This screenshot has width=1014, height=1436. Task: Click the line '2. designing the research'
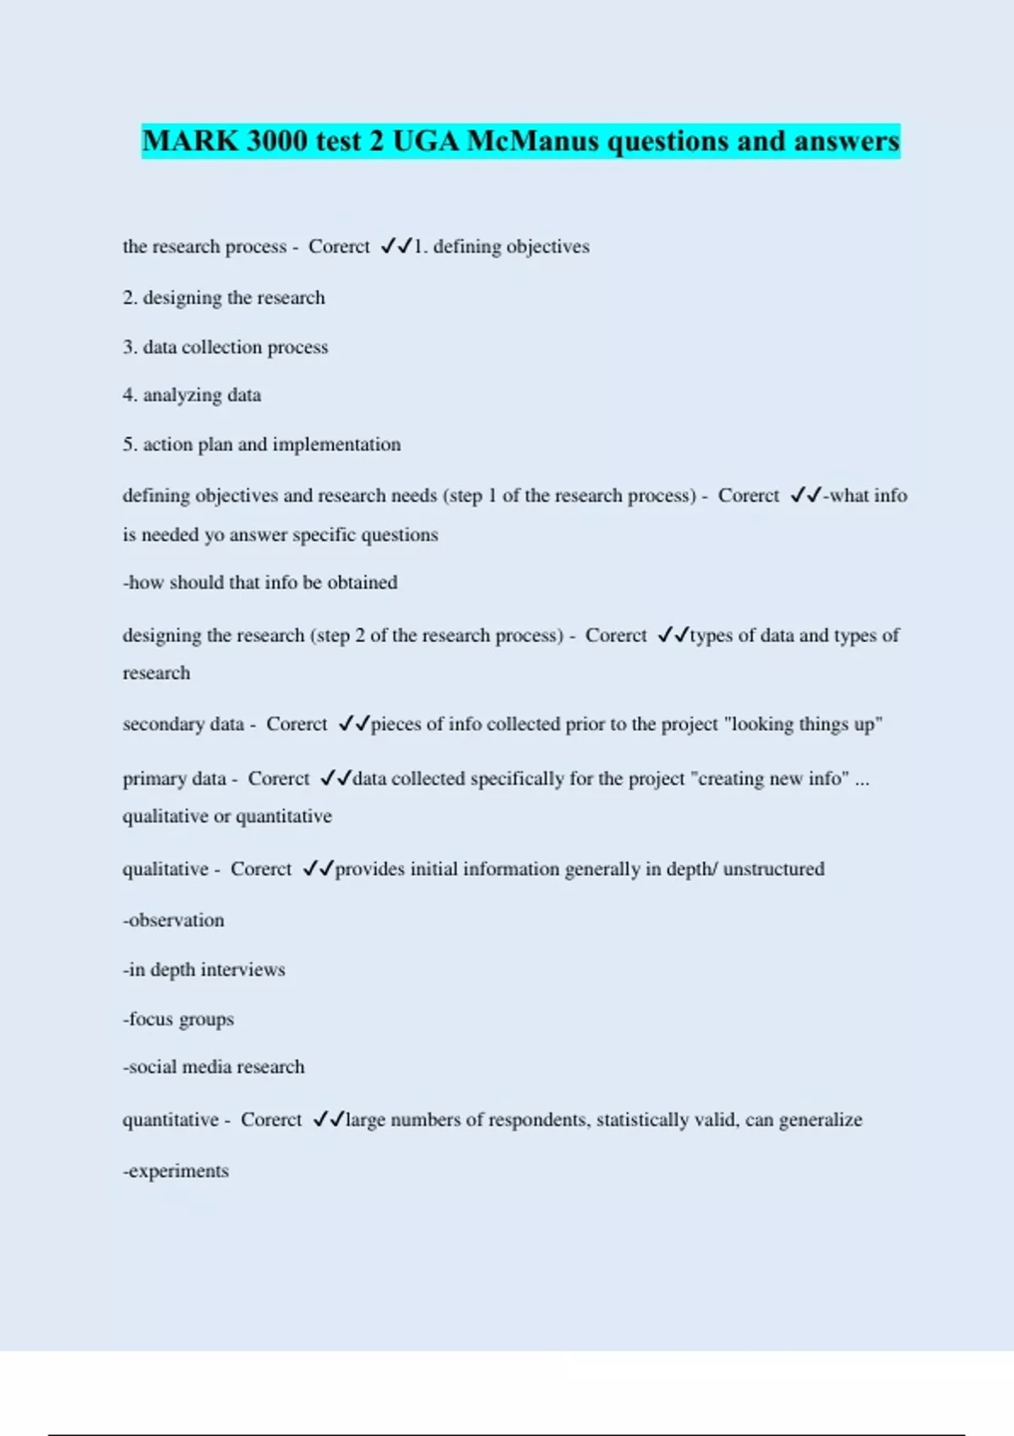click(223, 297)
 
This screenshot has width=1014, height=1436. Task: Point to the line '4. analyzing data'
click(192, 394)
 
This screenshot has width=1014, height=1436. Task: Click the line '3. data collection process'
click(225, 347)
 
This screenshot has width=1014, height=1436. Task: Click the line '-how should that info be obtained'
click(259, 582)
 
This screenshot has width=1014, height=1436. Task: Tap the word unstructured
click(773, 868)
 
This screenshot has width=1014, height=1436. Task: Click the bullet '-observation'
click(173, 920)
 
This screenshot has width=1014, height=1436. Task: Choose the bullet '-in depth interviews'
click(204, 970)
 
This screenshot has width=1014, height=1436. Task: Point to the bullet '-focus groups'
click(177, 1019)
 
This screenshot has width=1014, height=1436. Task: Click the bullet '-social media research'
click(213, 1067)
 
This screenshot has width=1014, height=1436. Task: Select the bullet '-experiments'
click(175, 1171)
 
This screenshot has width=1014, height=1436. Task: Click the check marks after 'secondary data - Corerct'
click(353, 724)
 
